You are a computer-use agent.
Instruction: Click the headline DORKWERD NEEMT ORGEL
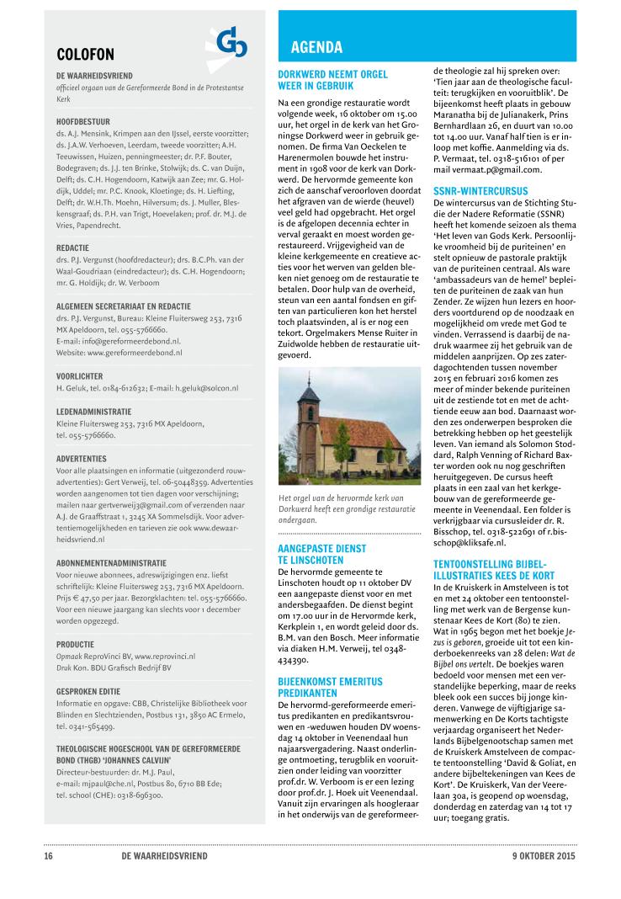(x=332, y=75)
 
